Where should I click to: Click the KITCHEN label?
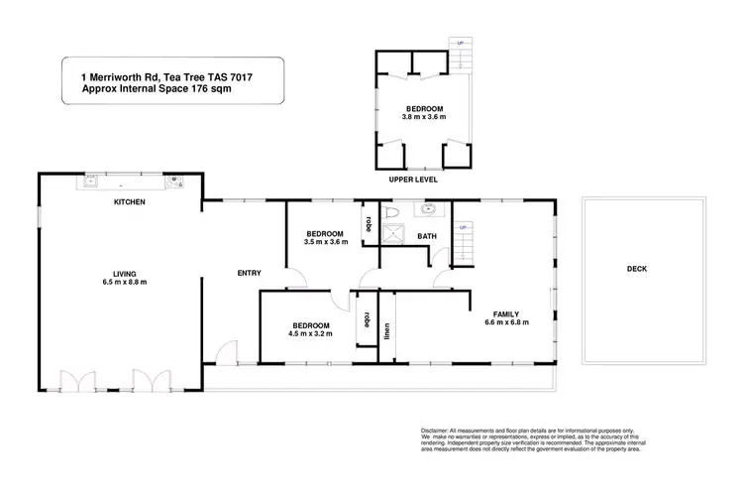point(130,202)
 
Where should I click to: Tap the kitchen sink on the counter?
point(90,181)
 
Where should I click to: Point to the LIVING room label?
point(124,273)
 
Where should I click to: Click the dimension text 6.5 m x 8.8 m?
point(124,282)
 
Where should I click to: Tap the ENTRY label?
point(248,274)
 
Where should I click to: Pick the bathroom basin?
point(429,209)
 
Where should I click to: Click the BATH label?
point(427,236)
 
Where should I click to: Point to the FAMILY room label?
point(501,314)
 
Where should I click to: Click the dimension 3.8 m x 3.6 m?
point(423,117)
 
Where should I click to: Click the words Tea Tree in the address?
point(193,74)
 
